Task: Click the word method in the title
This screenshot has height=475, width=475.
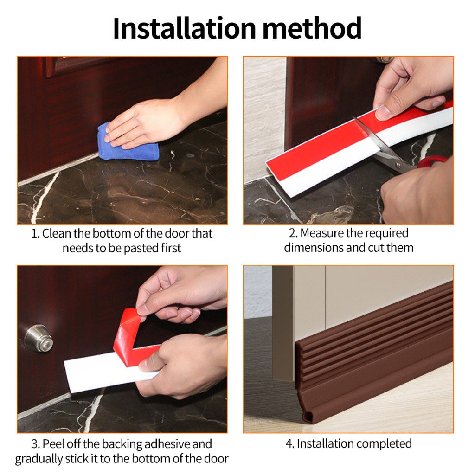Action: coord(312,28)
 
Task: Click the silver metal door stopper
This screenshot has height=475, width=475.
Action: coord(39,338)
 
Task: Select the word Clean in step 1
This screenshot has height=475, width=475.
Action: coord(56,234)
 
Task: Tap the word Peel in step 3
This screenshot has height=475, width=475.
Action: coord(54,444)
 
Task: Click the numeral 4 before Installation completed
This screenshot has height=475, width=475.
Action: coord(289,444)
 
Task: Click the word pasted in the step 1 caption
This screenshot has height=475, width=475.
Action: coord(141,249)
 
